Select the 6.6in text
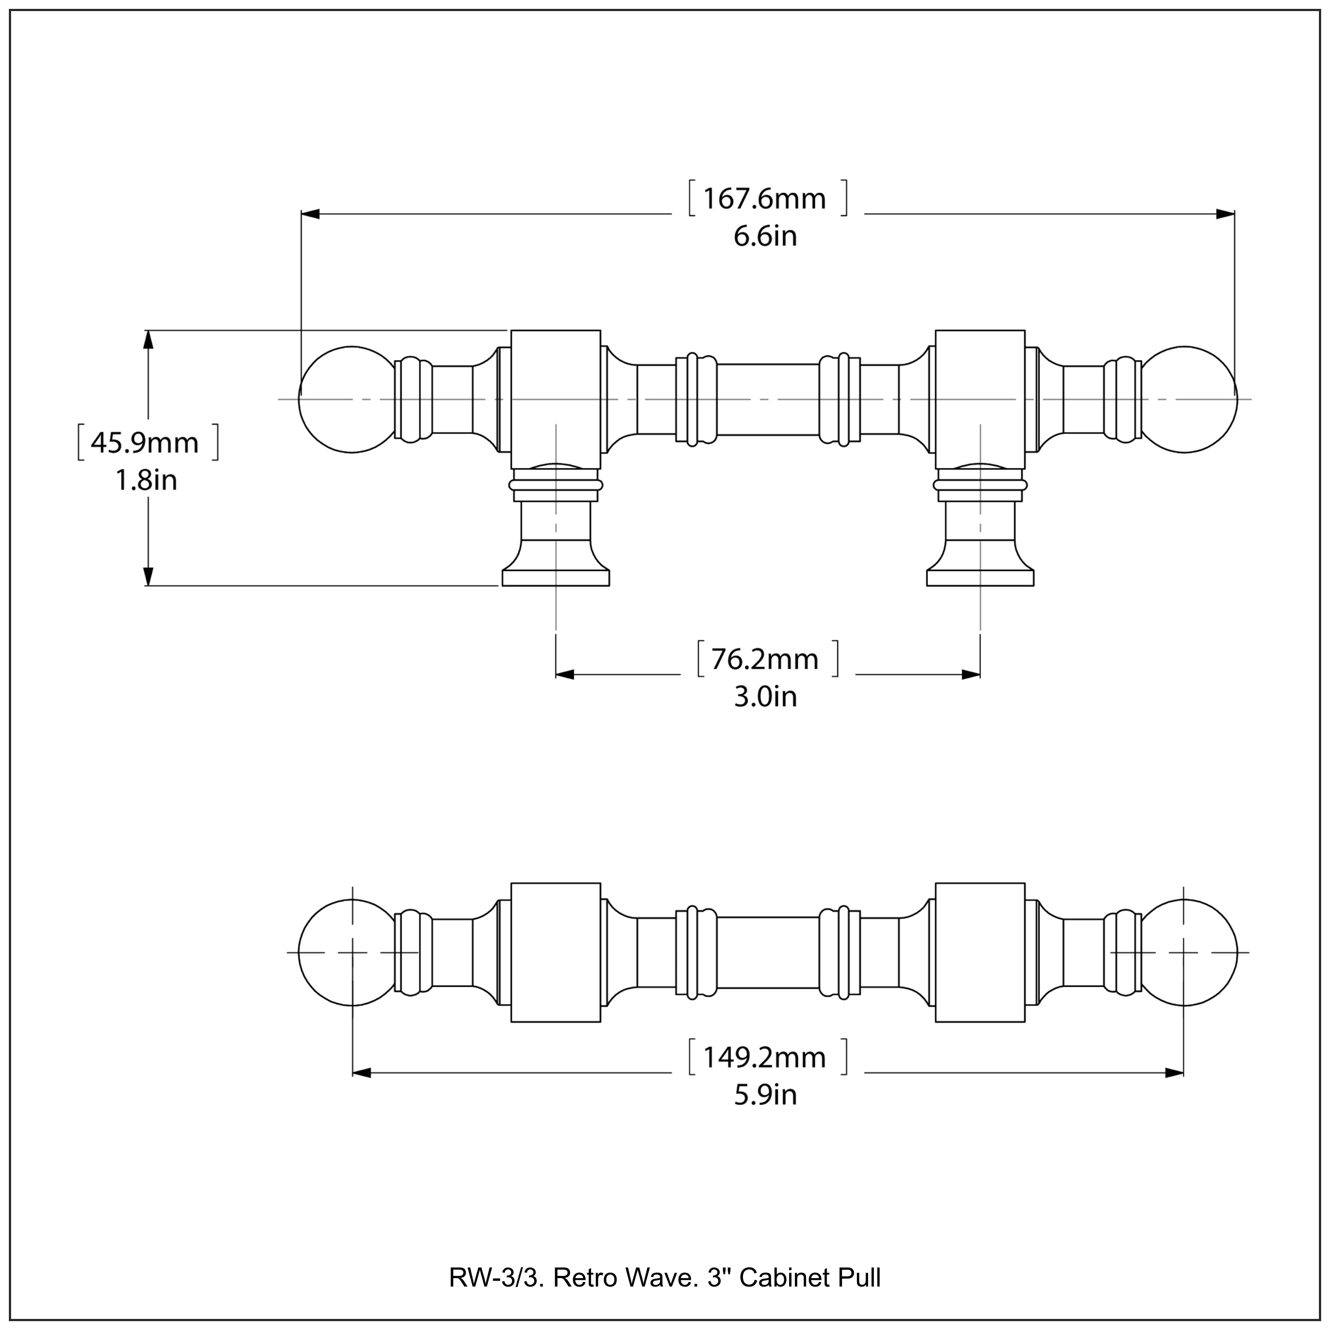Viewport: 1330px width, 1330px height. click(x=765, y=237)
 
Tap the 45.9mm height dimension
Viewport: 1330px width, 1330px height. click(x=145, y=442)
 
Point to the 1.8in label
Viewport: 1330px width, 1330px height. click(x=146, y=481)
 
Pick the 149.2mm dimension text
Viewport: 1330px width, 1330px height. click(x=764, y=1057)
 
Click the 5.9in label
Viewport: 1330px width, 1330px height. click(x=765, y=1095)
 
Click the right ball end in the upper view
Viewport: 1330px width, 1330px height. click(x=1185, y=399)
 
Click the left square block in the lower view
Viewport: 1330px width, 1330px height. click(x=555, y=952)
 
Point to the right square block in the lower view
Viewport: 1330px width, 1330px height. click(x=980, y=952)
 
